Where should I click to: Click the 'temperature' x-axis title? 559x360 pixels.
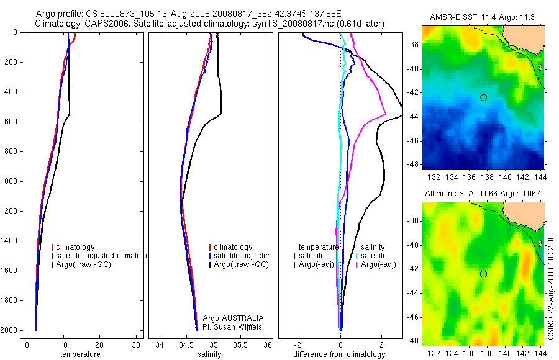click(80, 354)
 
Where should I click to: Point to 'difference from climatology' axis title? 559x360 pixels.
click(339, 354)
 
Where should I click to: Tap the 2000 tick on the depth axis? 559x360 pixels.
click(10, 330)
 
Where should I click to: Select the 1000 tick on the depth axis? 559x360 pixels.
click(10, 181)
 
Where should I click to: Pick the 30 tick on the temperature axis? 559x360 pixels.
click(137, 344)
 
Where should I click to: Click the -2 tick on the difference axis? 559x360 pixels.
click(299, 344)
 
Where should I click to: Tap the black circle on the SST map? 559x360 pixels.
click(483, 97)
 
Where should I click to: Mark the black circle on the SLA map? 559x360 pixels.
click(483, 274)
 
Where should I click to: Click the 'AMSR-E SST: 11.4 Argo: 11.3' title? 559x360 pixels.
click(483, 18)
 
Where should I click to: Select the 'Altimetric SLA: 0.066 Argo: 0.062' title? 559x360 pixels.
click(483, 194)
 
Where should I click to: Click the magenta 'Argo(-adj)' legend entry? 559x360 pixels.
click(379, 264)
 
